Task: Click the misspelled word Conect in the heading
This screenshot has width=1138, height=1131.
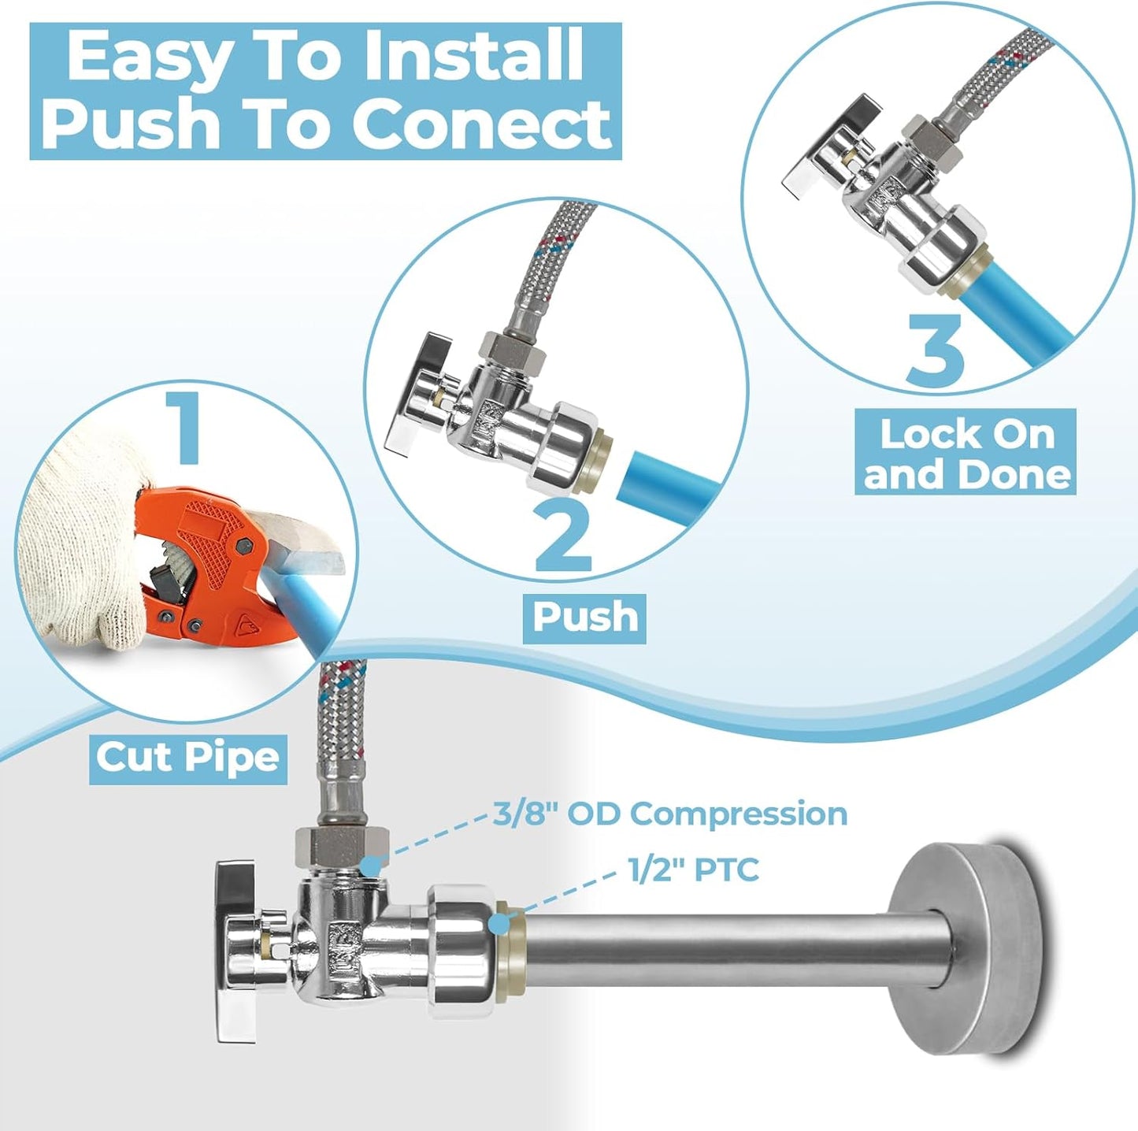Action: click(481, 124)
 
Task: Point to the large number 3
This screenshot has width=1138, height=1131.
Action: click(935, 349)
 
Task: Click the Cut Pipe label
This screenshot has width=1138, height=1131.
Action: click(187, 758)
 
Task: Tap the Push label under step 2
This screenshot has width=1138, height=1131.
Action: click(584, 617)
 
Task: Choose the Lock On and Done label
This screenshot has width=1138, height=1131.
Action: click(966, 454)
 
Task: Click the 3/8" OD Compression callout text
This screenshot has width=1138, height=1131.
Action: click(670, 814)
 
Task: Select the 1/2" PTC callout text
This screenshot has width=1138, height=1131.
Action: click(693, 870)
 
